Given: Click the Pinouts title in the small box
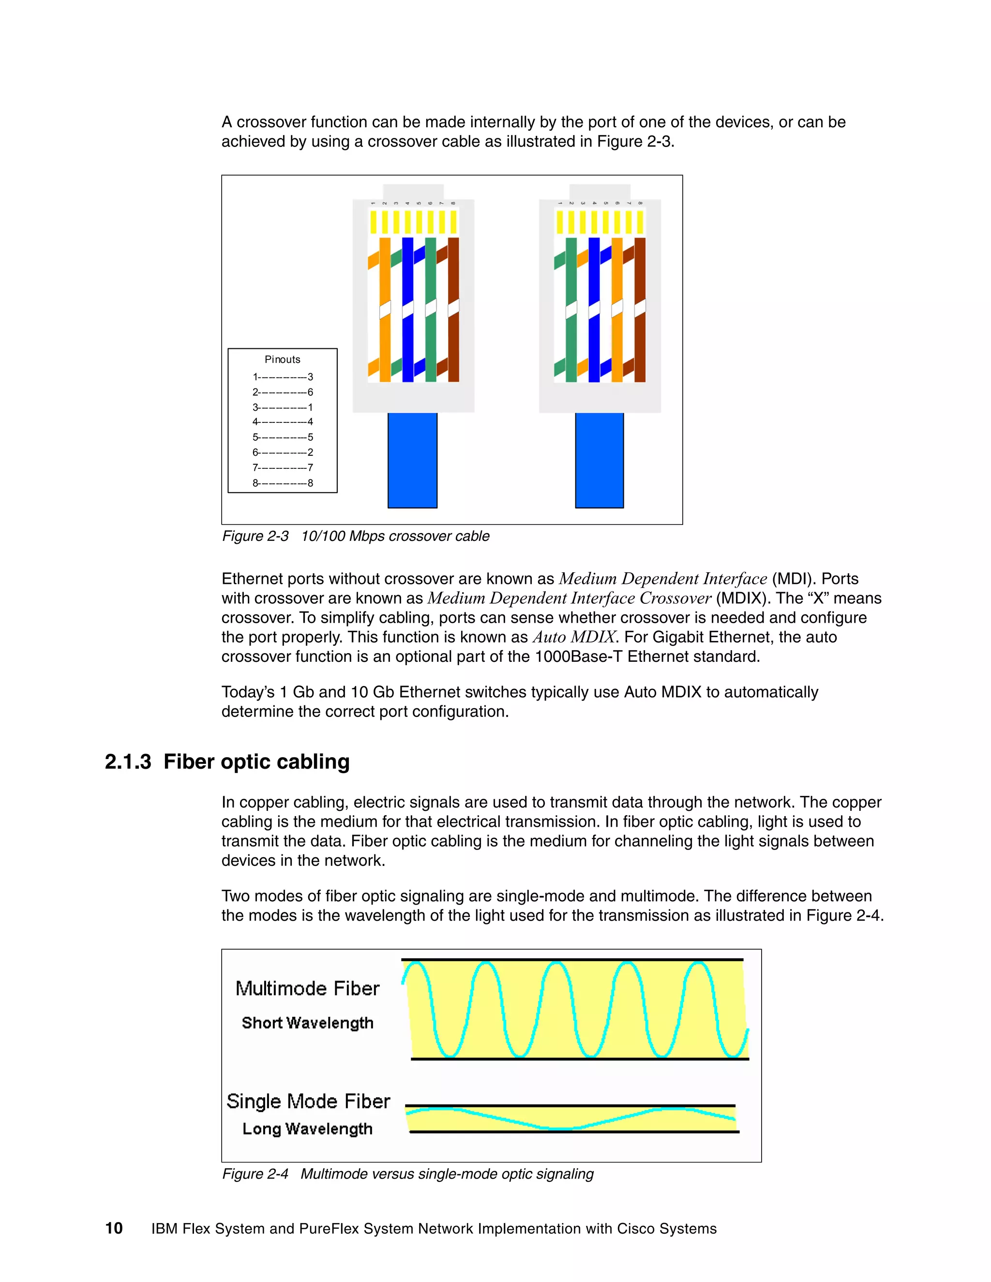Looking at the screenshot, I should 283,359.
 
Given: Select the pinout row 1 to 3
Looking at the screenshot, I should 283,377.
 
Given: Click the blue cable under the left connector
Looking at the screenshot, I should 412,460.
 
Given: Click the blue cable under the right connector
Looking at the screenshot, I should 600,460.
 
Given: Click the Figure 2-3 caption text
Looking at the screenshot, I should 355,536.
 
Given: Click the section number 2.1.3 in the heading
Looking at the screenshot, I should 128,762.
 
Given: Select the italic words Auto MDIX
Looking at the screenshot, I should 573,638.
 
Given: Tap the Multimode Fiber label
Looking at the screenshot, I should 307,988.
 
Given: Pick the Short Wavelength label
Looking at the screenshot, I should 307,1023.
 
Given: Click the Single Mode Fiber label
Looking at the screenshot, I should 308,1101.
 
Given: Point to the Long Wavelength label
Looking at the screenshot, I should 307,1129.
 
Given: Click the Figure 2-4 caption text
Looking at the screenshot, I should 407,1174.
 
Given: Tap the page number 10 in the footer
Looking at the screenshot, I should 114,1229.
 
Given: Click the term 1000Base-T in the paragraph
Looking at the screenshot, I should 578,657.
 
